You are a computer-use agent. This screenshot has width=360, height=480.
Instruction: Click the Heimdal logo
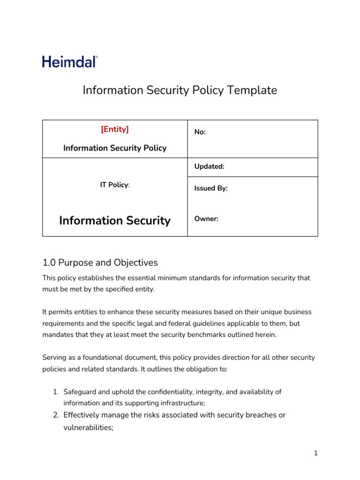tap(70, 61)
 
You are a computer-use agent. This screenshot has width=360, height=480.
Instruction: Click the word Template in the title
tap(253, 90)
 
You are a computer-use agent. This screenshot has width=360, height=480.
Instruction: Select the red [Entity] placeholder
tap(115, 129)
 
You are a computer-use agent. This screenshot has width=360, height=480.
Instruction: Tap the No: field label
tap(200, 133)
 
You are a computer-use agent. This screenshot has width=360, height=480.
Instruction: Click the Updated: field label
tap(210, 166)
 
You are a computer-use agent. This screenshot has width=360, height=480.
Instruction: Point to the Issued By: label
tap(211, 188)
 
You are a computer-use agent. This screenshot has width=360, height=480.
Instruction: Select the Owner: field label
tap(206, 219)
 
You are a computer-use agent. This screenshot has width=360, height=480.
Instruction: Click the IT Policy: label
tap(115, 185)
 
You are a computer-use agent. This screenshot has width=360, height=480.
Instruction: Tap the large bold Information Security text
tap(115, 220)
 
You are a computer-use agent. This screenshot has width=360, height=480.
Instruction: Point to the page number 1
tap(316, 453)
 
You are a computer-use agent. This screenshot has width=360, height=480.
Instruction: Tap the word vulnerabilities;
tap(89, 427)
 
